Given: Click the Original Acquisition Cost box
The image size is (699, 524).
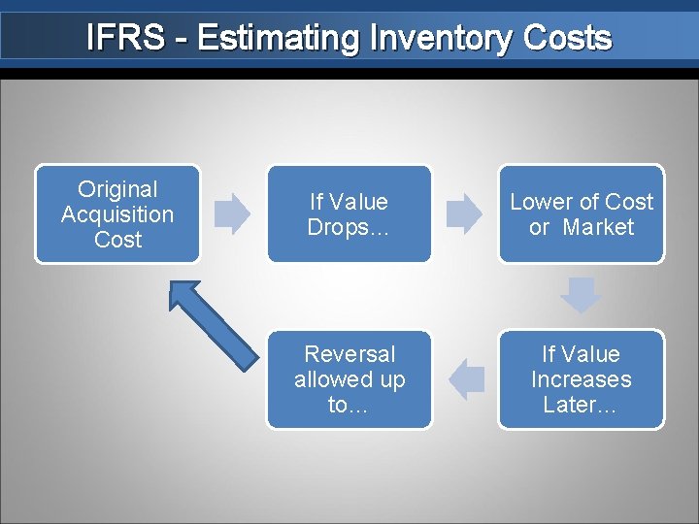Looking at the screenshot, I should [x=117, y=214].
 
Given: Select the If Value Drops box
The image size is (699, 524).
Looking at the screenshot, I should [x=349, y=214].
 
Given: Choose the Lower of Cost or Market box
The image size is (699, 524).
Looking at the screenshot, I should [x=582, y=214].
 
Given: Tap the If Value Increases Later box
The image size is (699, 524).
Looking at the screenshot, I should [x=582, y=379].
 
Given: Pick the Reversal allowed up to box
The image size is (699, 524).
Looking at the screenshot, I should [x=349, y=379].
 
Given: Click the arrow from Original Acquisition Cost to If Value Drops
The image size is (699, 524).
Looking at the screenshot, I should [x=232, y=213].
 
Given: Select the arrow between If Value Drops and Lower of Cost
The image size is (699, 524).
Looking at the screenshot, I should [x=464, y=213].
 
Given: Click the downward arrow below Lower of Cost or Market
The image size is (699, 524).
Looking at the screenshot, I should [x=581, y=295].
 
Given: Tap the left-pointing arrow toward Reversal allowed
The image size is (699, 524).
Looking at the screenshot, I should [x=468, y=379].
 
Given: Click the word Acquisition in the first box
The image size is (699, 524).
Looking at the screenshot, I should [x=117, y=214].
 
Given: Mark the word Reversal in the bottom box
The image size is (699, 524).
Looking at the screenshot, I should [x=349, y=354].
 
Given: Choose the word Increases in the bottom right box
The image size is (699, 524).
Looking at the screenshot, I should [x=581, y=379].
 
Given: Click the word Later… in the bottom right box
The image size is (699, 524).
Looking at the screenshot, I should [x=581, y=405].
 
